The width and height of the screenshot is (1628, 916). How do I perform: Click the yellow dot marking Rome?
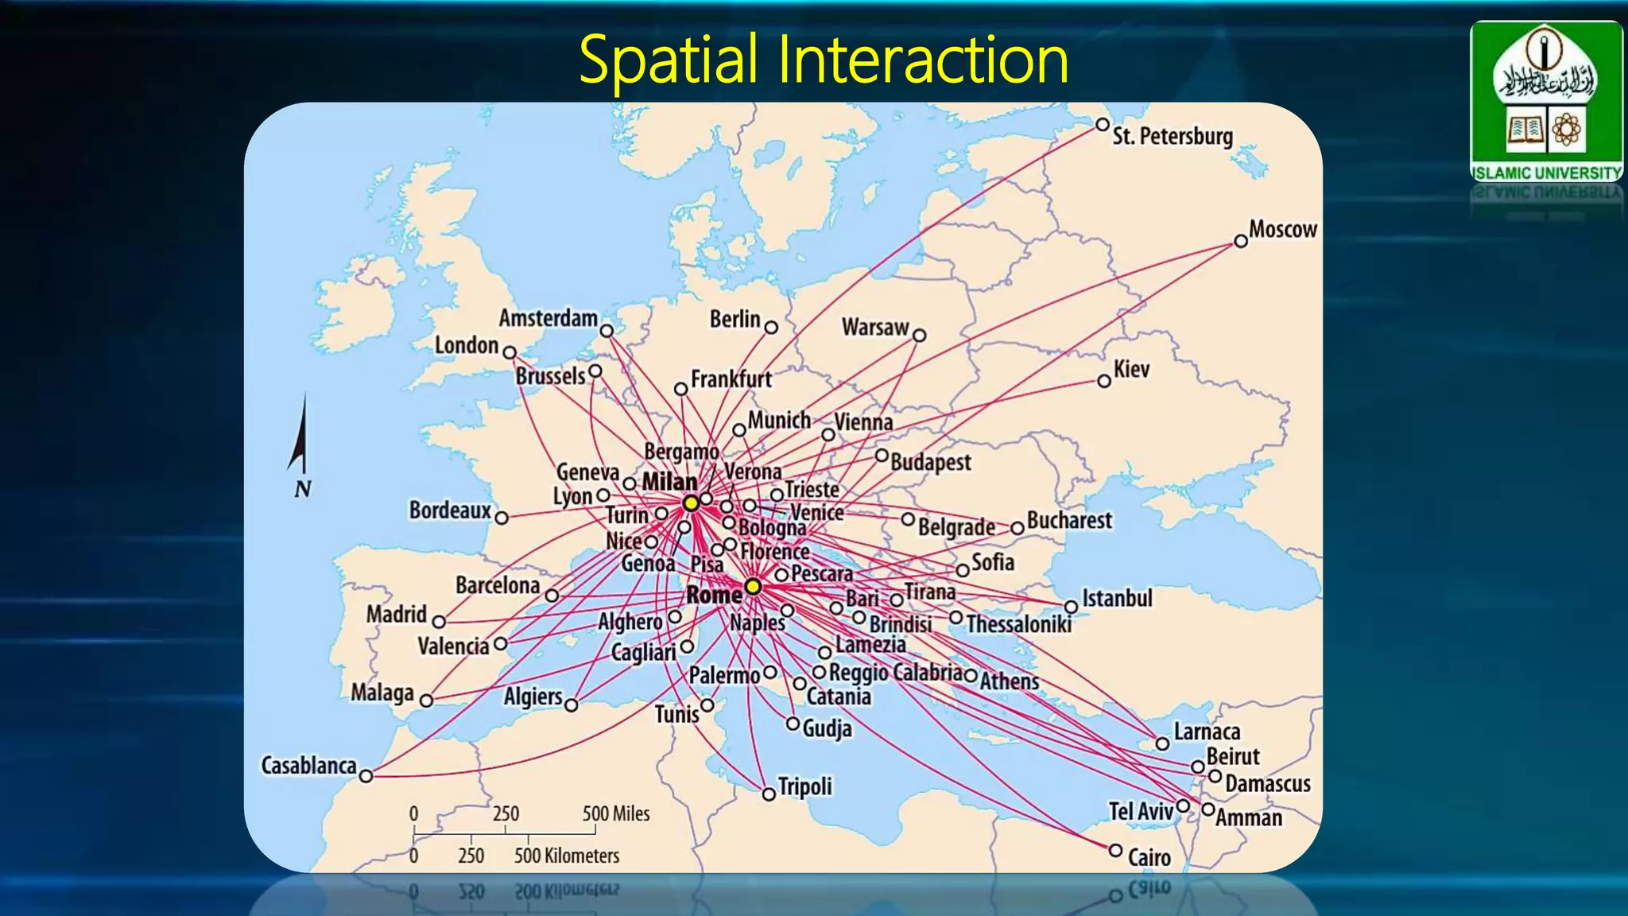point(753,588)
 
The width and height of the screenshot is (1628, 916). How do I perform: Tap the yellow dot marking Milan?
point(691,503)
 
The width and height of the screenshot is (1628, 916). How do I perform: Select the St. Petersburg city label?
point(1173,136)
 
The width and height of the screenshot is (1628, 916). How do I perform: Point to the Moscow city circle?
point(1241,241)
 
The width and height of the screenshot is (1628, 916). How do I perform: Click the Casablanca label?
point(308,766)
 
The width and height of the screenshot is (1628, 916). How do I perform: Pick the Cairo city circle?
point(1115,850)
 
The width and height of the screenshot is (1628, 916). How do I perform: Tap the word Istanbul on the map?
point(1117,598)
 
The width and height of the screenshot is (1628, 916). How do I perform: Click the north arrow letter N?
point(302,489)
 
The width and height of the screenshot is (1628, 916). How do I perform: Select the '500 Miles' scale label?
point(616,813)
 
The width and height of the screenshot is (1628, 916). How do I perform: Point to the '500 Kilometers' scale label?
point(566,856)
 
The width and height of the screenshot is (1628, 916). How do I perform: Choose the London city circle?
point(510,352)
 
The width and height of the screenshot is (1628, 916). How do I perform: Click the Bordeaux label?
point(450,510)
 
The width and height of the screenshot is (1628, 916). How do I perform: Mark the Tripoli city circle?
point(769,794)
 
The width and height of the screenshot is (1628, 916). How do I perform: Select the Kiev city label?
point(1131,369)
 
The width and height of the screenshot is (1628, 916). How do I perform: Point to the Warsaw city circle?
point(920,336)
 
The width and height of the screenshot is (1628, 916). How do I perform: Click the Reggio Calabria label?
point(896,673)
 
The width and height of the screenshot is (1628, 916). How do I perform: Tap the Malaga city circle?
point(427,701)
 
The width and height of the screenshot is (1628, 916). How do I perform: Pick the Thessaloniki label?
point(1019,624)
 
